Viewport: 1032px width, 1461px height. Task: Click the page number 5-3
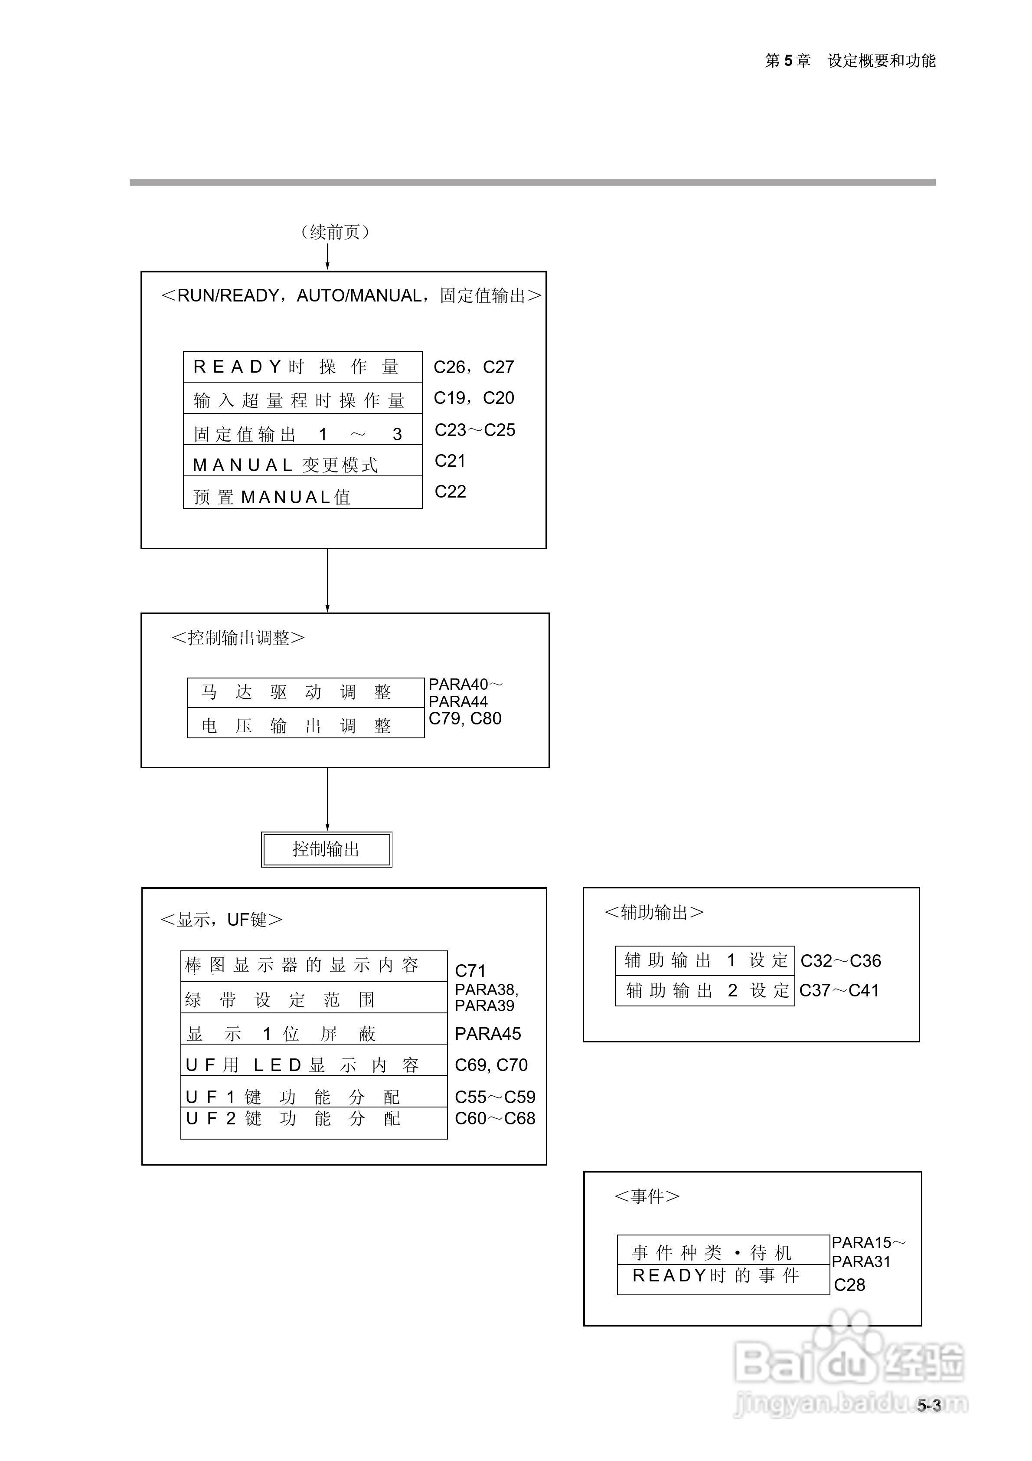tap(928, 1405)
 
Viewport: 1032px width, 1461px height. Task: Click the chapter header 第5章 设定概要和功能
tap(849, 61)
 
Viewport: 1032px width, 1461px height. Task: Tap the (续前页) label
tap(335, 232)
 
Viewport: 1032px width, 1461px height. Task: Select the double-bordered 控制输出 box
tap(327, 849)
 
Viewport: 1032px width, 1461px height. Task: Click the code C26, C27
tap(474, 367)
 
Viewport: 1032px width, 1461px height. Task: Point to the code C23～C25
tap(475, 430)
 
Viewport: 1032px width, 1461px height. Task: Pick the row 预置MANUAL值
tap(302, 496)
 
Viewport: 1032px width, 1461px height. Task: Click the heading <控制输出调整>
tap(238, 638)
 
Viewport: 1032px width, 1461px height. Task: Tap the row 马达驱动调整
tap(305, 692)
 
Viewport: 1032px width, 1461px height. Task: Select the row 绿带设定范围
tap(314, 999)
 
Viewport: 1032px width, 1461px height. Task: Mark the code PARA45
tap(487, 1033)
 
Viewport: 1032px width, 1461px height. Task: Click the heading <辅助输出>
tap(653, 913)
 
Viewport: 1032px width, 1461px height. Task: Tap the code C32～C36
tap(840, 961)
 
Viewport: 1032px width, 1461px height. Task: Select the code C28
tap(849, 1285)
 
